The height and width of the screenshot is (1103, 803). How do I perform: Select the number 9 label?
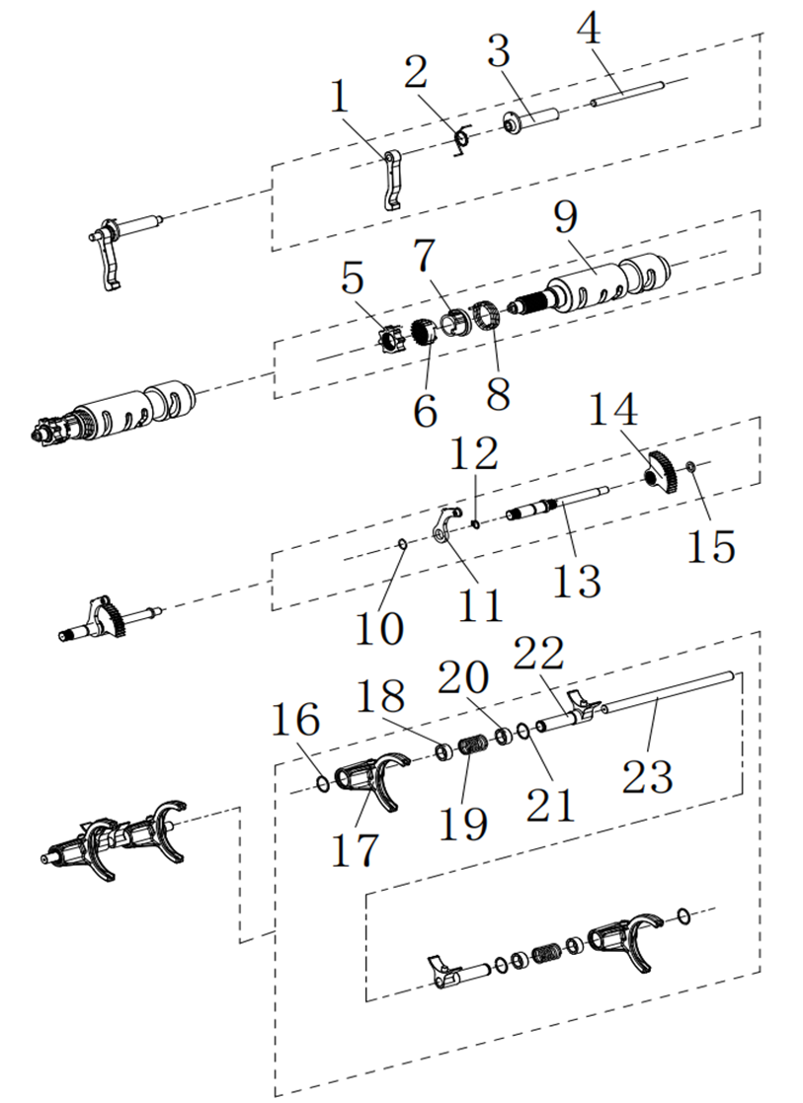[x=567, y=216]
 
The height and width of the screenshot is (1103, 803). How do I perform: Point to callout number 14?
[x=614, y=408]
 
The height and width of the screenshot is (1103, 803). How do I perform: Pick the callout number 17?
[x=355, y=848]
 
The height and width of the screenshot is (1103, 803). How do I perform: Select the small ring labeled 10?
[x=403, y=542]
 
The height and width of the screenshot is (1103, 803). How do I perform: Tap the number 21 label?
[x=550, y=803]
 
